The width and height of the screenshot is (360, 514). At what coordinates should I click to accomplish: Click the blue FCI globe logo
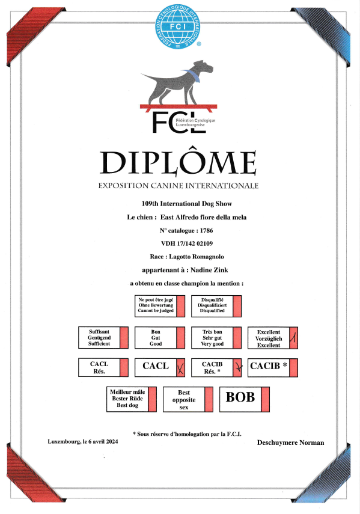point(178,26)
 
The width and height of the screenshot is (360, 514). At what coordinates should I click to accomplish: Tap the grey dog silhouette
point(177,82)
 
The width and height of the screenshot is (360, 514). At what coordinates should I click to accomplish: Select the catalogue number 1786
point(206,230)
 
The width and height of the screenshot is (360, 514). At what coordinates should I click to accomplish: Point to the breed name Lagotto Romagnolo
point(197,257)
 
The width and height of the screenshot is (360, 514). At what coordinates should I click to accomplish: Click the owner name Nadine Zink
point(209,270)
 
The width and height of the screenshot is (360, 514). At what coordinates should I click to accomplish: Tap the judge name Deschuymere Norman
point(290,442)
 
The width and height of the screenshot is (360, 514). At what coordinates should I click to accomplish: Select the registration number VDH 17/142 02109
point(187,243)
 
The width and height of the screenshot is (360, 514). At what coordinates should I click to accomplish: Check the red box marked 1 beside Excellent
point(293,338)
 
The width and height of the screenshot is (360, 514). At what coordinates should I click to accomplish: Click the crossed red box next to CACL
point(180,367)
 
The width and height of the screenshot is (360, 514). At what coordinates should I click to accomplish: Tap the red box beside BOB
point(265,399)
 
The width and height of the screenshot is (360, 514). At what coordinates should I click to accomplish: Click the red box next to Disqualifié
point(237,306)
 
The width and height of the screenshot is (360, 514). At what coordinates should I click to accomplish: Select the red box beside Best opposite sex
point(209,399)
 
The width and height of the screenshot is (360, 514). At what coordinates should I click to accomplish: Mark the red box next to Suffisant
point(124,338)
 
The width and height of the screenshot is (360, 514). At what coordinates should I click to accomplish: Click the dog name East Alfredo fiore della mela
point(203,218)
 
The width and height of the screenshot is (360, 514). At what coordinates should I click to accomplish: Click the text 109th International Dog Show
point(187,204)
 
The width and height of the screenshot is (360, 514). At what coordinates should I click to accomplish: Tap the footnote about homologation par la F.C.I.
point(187,434)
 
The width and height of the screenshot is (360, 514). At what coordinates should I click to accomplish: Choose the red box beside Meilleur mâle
point(152,399)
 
